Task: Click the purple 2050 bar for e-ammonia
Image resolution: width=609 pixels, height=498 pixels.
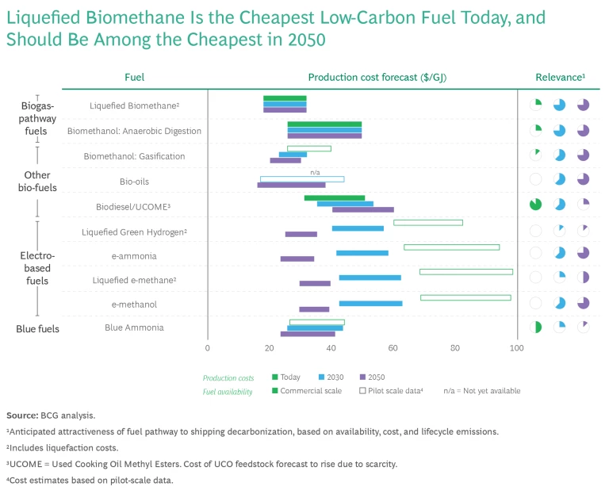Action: pos(297,259)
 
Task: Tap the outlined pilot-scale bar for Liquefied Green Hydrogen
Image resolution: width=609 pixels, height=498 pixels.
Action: pos(427,223)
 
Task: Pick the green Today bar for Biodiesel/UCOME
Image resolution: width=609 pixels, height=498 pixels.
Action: pos(334,197)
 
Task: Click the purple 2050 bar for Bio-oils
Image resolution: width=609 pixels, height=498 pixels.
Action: pos(291,185)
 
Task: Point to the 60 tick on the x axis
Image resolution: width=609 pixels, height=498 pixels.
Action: pos(393,347)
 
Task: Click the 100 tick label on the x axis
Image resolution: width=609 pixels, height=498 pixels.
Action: pos(517,347)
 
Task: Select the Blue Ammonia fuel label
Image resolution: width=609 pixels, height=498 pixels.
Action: pos(134,328)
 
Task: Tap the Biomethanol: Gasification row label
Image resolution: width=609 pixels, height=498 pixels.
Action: pos(134,156)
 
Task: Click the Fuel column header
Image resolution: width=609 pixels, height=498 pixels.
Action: pos(134,77)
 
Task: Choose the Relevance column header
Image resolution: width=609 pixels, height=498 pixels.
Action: pos(560,77)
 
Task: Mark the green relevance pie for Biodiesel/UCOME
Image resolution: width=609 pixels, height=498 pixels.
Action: pos(536,205)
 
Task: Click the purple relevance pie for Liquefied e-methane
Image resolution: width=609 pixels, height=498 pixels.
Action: pos(584,278)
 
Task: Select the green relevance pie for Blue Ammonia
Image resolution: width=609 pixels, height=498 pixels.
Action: pos(536,327)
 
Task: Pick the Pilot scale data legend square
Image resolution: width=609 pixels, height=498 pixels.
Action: pos(362,391)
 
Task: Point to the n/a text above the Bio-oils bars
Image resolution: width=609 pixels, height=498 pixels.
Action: pos(315,171)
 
